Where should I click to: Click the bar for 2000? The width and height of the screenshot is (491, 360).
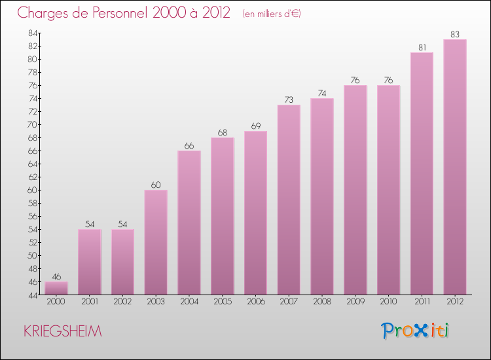56,288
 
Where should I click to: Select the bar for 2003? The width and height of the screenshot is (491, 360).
156,242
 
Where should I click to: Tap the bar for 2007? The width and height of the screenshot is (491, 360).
289,200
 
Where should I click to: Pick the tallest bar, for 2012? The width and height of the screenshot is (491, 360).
455,167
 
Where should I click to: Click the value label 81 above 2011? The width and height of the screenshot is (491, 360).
422,47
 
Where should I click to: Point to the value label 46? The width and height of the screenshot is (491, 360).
56,276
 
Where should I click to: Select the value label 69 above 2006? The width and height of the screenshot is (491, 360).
255,126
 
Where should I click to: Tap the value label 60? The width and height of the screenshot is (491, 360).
156,185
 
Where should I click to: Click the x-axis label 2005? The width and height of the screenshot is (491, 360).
223,302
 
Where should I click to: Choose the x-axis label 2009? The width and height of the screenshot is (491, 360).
355,302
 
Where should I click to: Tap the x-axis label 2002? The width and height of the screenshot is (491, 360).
122,302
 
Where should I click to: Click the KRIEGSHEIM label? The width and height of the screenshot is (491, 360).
63,331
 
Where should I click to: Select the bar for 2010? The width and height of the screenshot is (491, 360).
388,190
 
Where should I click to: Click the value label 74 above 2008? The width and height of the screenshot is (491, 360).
322,93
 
